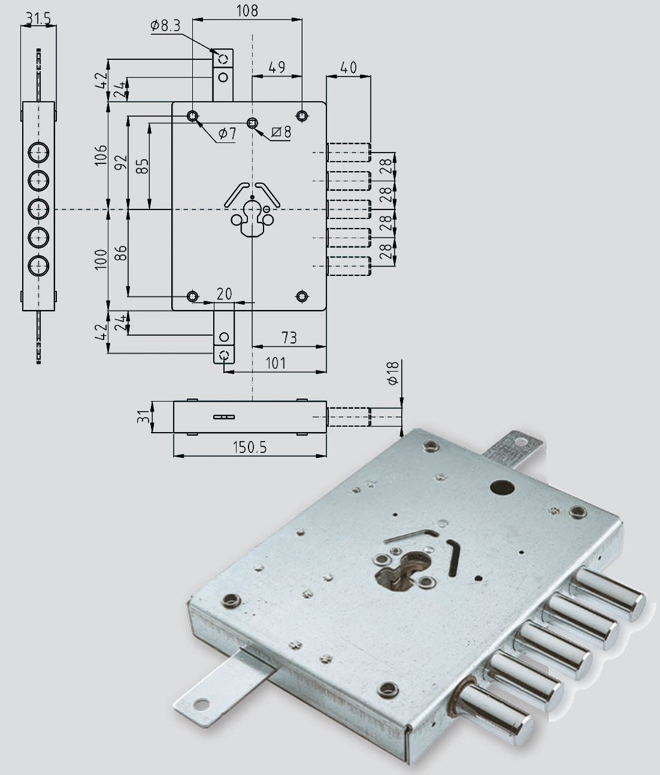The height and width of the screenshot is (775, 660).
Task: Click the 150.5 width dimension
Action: click(250, 447)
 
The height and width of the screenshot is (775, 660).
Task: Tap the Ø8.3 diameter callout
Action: click(165, 26)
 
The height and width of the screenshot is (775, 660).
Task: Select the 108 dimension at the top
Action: click(247, 11)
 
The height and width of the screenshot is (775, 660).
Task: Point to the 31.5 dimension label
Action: click(38, 19)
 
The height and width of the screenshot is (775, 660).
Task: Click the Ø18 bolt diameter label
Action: click(392, 373)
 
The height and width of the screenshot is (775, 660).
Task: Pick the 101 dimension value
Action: click(275, 363)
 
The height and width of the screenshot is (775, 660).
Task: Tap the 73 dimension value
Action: click(289, 338)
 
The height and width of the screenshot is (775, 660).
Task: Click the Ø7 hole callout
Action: click(227, 133)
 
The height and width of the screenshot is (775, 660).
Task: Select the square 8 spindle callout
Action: click(281, 132)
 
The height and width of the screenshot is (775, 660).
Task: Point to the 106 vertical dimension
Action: click(101, 155)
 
